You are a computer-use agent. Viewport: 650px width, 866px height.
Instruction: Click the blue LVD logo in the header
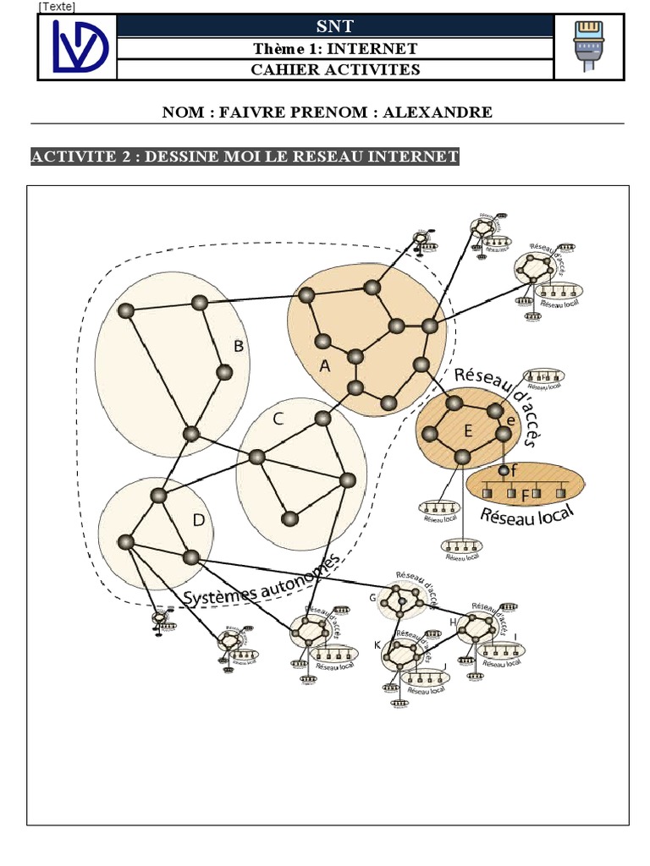(78, 47)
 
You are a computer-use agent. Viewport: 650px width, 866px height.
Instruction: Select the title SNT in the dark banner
(334, 27)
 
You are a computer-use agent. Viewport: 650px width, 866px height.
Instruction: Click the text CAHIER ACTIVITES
(335, 69)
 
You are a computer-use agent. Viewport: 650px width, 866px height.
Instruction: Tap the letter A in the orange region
(324, 366)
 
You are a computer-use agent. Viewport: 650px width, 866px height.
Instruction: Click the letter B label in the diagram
(239, 346)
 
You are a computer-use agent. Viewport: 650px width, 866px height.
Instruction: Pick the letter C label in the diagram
(278, 418)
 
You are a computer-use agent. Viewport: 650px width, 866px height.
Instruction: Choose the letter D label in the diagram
(198, 520)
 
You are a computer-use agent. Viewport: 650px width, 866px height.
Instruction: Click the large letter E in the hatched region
(467, 431)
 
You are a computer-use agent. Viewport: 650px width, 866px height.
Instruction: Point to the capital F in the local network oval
(525, 494)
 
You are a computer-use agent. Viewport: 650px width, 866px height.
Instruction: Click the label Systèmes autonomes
(262, 583)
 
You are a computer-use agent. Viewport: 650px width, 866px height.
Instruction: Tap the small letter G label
(372, 598)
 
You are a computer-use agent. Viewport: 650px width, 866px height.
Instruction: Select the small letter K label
(377, 645)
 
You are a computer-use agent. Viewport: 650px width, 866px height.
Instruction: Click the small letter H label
(453, 622)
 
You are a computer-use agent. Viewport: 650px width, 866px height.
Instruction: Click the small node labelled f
(504, 470)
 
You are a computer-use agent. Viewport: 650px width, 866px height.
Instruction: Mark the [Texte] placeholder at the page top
(57, 7)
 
